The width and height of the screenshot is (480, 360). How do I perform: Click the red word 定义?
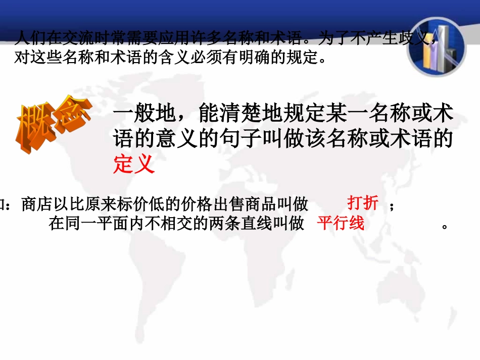(133, 165)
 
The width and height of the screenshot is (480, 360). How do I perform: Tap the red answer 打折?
(363, 203)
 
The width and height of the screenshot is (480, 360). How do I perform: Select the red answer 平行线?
(341, 223)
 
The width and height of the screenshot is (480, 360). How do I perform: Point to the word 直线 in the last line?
(249, 223)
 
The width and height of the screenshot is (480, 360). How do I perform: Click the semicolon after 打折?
(391, 206)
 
